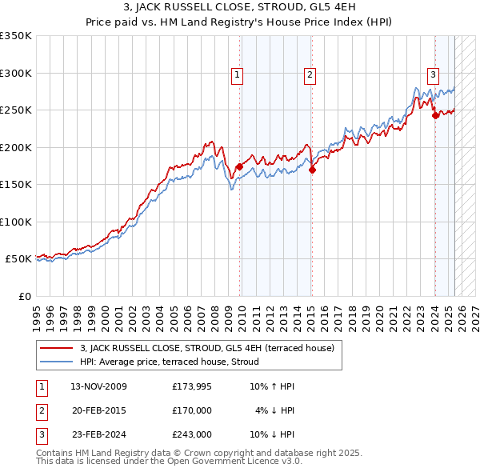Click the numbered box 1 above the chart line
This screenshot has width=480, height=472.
(x=238, y=76)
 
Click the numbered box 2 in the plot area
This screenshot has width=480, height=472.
(x=309, y=76)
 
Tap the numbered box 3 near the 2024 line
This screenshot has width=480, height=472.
(x=433, y=76)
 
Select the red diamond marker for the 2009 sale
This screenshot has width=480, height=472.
(x=239, y=166)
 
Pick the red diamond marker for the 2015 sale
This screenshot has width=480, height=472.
(x=312, y=170)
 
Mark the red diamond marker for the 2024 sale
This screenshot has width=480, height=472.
(x=435, y=115)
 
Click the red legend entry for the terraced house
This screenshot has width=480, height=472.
(x=211, y=348)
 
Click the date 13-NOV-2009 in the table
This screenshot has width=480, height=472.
(x=98, y=386)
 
